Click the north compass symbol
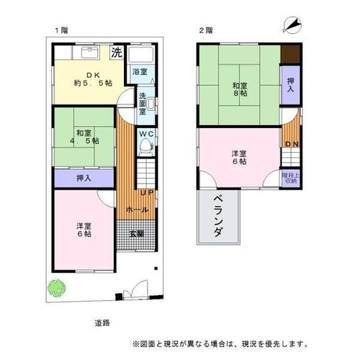coord(292,25)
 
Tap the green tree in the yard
coord(57,288)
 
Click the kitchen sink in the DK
coord(90,53)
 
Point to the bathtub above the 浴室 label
coord(140,55)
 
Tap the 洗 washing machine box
coord(117,52)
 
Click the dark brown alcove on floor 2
coord(291,55)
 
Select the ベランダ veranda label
coord(219,216)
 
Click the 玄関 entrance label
coord(137,234)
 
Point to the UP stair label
coord(147,192)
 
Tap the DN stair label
coord(292,144)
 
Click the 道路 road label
coord(102,323)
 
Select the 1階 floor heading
coord(62,30)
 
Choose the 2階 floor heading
coord(206,30)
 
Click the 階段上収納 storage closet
coord(291,178)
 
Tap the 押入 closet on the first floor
coord(84,178)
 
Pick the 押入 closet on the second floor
coord(291,85)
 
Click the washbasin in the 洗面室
coord(151,104)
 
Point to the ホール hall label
coord(137,210)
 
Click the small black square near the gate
coord(156,269)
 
